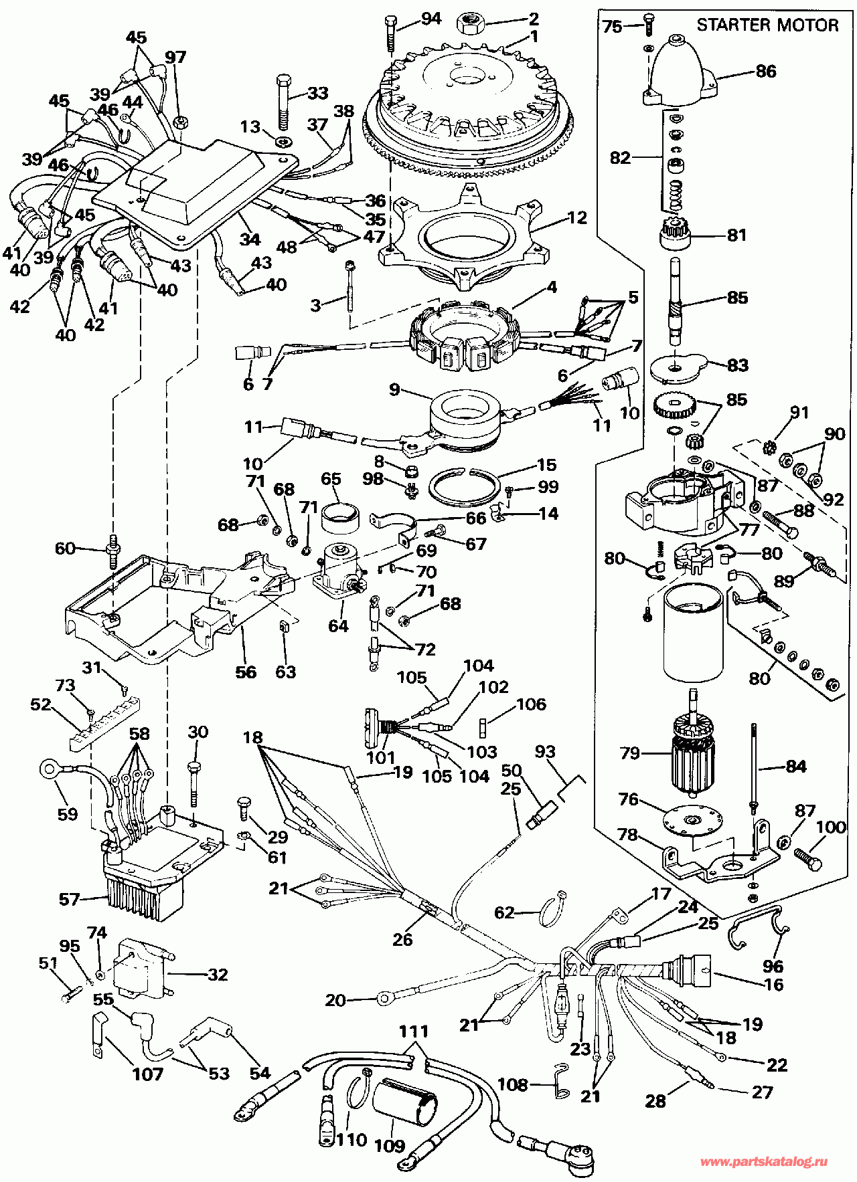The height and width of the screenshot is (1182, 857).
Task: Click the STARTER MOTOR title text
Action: tap(767, 25)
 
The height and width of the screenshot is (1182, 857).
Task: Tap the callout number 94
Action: tap(431, 19)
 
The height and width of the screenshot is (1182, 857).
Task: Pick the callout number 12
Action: tap(576, 217)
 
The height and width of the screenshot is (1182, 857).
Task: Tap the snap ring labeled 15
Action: tap(463, 486)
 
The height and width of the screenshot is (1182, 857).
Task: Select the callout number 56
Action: tap(246, 672)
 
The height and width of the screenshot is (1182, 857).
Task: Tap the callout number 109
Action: tap(389, 1145)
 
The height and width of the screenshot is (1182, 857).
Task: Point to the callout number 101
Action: tap(380, 758)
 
